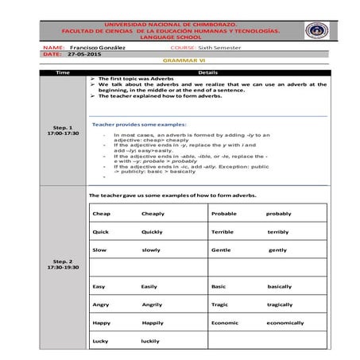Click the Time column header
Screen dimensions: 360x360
(63, 72)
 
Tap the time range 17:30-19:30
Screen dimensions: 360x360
(63, 267)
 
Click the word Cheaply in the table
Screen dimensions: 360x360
(154, 214)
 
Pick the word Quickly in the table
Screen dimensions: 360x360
(153, 232)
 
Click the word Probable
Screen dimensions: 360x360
(226, 214)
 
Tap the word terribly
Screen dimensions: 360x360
(278, 232)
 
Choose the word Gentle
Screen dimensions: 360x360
(222, 250)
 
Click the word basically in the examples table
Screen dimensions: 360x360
(280, 286)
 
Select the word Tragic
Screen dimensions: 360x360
(220, 304)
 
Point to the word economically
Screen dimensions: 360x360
(285, 323)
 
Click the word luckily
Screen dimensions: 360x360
(150, 341)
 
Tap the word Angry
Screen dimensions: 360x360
(101, 304)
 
